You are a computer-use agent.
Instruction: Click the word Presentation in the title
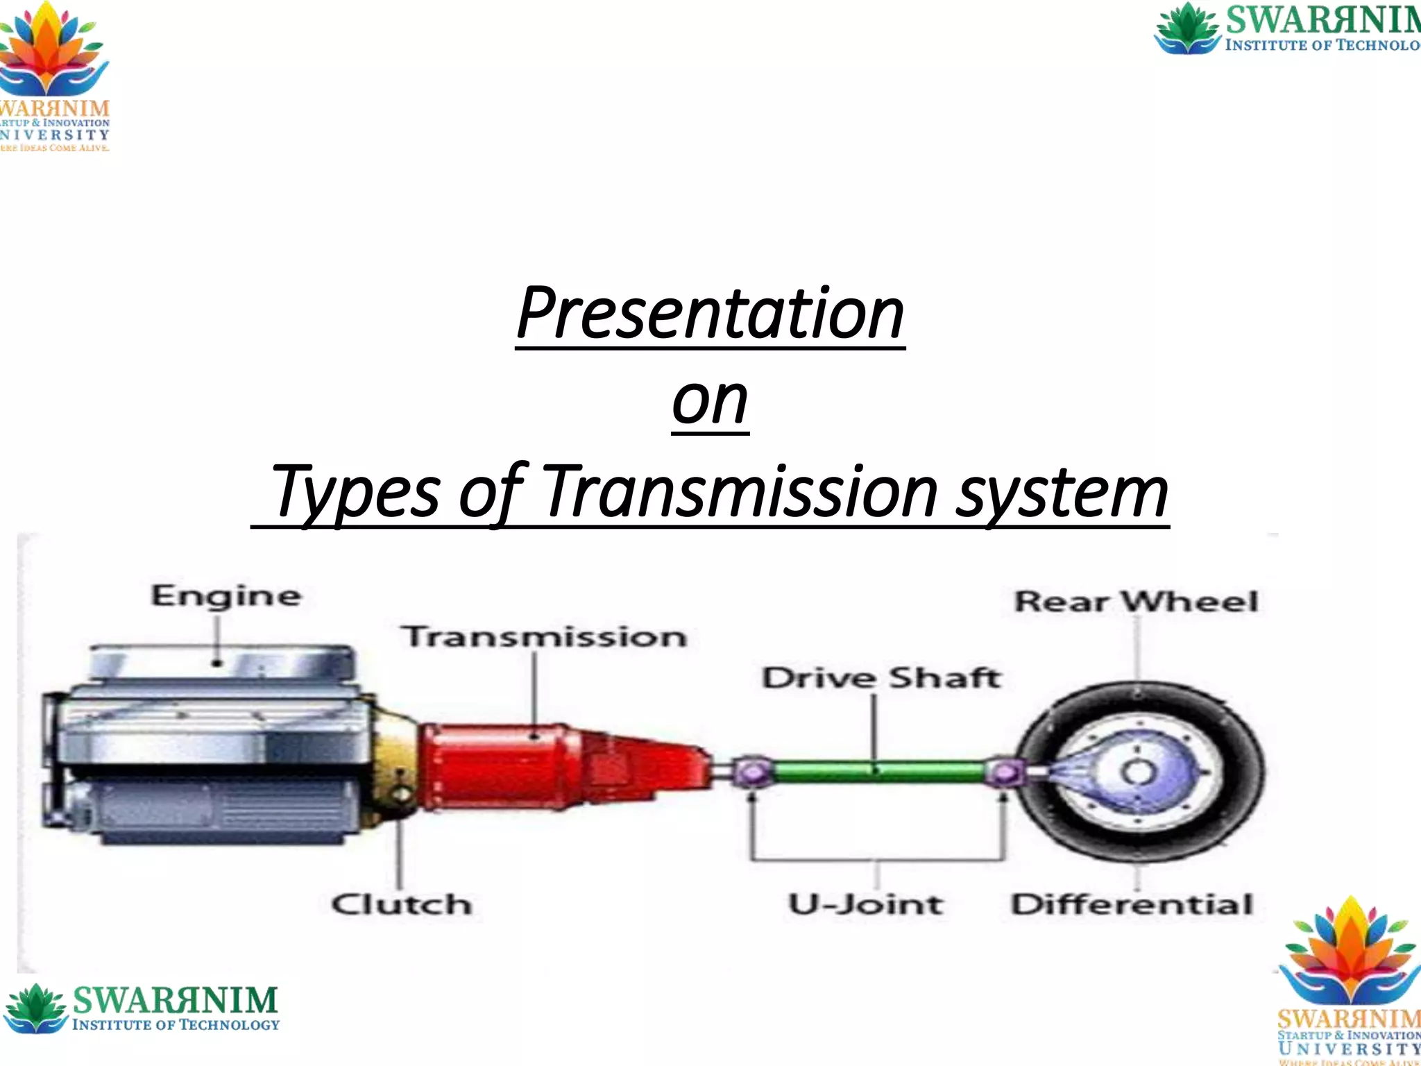710,314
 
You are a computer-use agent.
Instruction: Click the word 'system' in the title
1062,493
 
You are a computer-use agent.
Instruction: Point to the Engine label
226,596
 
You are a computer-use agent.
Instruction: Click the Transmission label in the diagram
544,636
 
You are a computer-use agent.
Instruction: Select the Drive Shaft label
881,678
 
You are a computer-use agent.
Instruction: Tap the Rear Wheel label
1136,602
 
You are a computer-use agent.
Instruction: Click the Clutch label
401,904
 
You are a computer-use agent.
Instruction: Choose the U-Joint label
865,904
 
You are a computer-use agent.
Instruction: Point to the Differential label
1132,904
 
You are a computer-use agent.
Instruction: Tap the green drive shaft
878,770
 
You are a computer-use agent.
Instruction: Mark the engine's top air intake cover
221,663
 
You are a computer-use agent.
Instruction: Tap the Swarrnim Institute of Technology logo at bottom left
142,1008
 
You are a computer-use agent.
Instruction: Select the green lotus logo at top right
1186,28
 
